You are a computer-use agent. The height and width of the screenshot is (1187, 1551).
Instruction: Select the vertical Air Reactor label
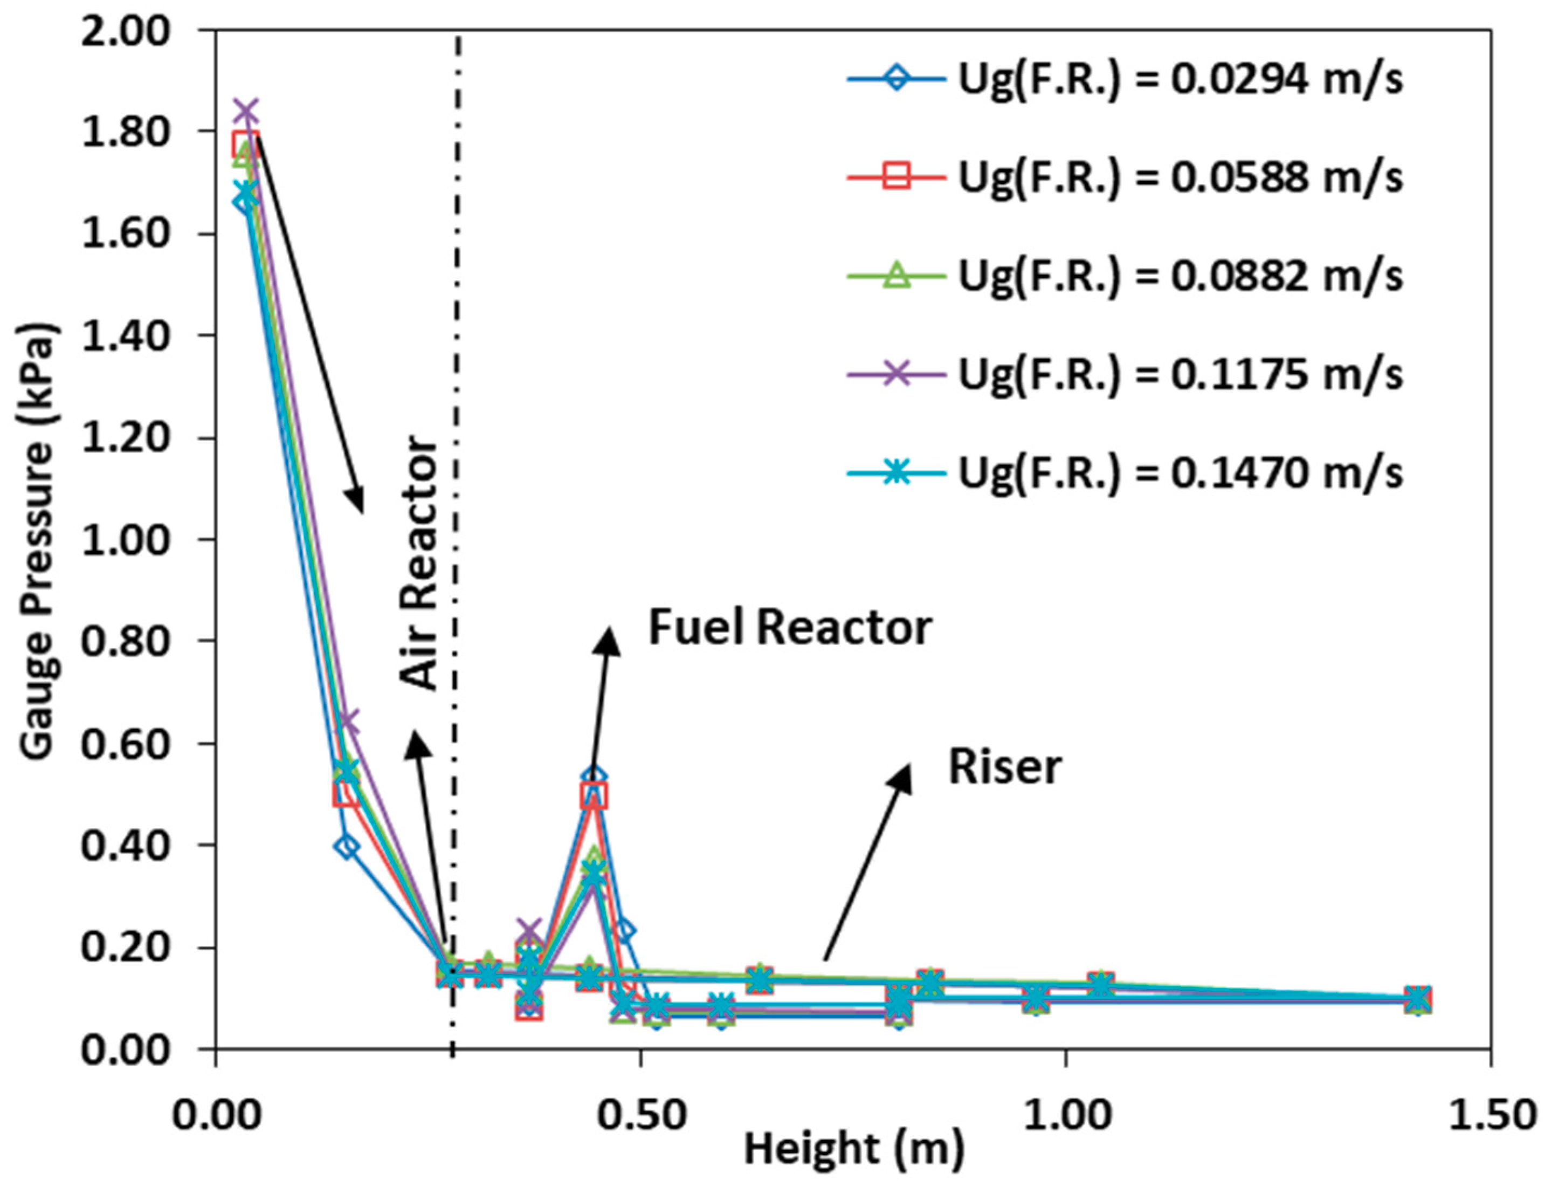click(418, 562)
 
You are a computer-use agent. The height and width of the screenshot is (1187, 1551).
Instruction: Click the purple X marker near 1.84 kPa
click(246, 111)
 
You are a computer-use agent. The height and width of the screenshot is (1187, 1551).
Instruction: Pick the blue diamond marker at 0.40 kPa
click(346, 847)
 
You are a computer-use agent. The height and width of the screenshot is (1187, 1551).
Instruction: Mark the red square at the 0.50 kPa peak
click(595, 795)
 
